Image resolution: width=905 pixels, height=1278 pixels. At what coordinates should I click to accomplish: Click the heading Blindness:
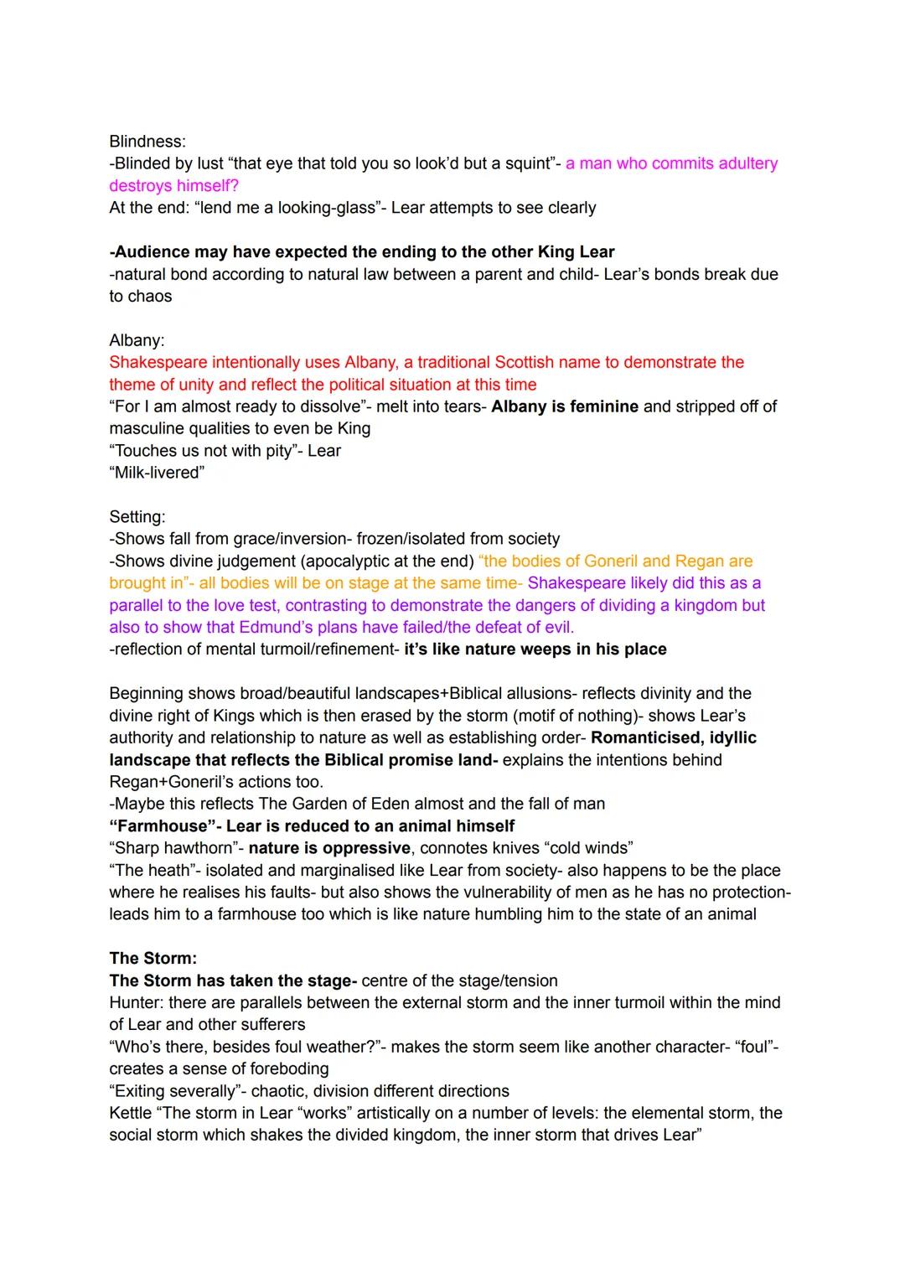147,142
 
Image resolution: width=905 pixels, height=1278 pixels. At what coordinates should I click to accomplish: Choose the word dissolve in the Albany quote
330,406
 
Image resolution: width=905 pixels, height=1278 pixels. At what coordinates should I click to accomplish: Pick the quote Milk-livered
157,473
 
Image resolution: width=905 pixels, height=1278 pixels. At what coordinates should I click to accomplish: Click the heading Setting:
137,517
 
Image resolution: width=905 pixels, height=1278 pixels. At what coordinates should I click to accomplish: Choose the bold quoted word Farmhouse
158,825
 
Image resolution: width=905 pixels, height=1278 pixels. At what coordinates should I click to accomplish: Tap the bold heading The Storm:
153,958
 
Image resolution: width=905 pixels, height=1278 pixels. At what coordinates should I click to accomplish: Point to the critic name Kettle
131,1113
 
